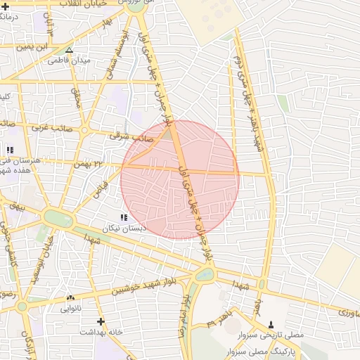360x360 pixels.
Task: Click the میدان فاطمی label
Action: [x=69, y=61]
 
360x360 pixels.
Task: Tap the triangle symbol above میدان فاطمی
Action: [x=69, y=51]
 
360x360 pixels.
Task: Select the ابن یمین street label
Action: [x=34, y=46]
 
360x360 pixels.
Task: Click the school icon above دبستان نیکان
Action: [x=124, y=218]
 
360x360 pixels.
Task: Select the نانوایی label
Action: [x=70, y=308]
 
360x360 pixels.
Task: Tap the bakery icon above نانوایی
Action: [x=70, y=297]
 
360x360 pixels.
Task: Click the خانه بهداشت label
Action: [x=101, y=331]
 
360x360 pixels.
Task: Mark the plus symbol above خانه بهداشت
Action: [x=101, y=321]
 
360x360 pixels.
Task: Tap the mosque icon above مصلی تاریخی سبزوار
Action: [x=271, y=324]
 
